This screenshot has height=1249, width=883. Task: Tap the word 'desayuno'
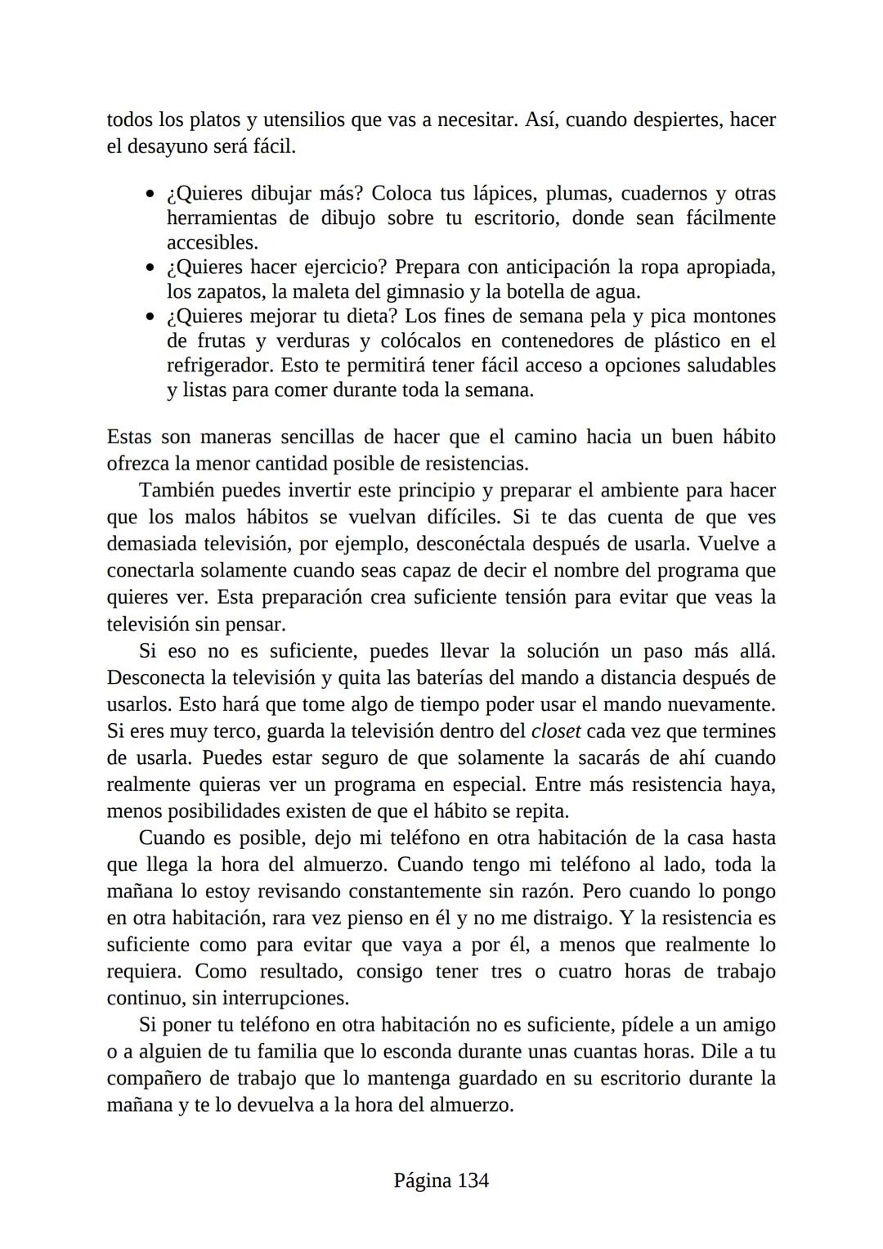click(166, 147)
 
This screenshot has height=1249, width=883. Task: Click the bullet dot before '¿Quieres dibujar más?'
click(150, 195)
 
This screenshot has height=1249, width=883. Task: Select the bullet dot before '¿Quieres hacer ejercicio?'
click(150, 268)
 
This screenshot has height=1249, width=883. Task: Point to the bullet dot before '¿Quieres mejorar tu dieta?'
click(150, 317)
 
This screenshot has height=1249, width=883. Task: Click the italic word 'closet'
click(556, 731)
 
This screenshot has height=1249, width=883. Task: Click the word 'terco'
click(236, 731)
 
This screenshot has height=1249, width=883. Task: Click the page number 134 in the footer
click(473, 1180)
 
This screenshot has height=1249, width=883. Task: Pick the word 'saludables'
click(731, 366)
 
